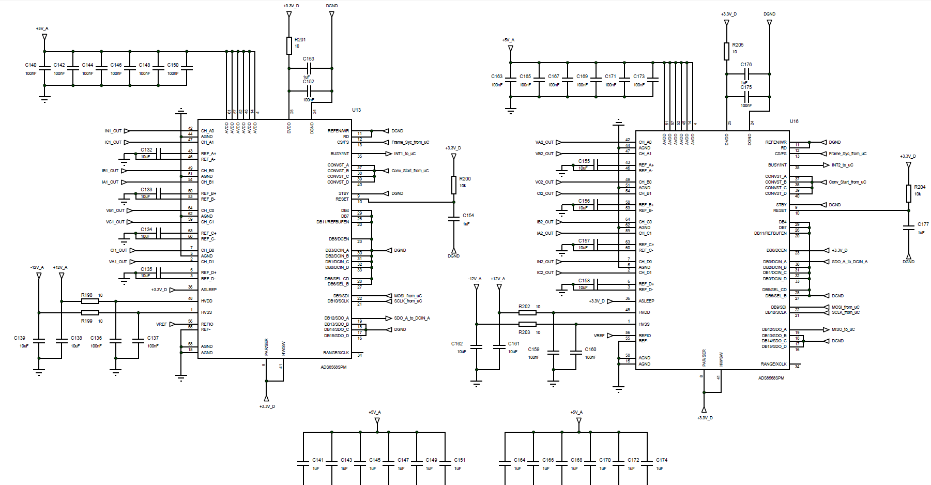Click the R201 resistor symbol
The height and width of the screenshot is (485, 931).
tap(289, 46)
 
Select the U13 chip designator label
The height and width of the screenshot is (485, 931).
tap(356, 110)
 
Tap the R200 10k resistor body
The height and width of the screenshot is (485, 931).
tap(454, 185)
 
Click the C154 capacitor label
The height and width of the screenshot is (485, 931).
tap(468, 216)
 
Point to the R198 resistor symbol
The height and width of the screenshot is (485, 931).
tap(90, 301)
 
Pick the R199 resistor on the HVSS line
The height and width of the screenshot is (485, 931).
tap(90, 312)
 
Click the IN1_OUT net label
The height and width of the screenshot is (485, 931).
tap(113, 131)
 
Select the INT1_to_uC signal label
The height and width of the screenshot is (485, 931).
tap(405, 154)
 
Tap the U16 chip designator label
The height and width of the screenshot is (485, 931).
tap(794, 122)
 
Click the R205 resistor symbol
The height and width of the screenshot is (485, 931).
tap(726, 51)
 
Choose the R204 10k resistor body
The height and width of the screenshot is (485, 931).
tap(908, 193)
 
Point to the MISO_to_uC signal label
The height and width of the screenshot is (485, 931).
tap(843, 329)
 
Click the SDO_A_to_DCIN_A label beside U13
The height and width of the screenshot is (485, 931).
tap(411, 318)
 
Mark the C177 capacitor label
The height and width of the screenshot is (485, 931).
tap(923, 224)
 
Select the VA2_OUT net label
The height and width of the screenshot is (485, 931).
tap(544, 142)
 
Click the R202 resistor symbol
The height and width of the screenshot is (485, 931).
tap(527, 312)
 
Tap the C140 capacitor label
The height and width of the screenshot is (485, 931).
tap(31, 65)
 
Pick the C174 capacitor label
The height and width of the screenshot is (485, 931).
tap(662, 460)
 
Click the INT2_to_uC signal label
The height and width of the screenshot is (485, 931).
tap(842, 165)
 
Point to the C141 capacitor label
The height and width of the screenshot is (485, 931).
tap(318, 460)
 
